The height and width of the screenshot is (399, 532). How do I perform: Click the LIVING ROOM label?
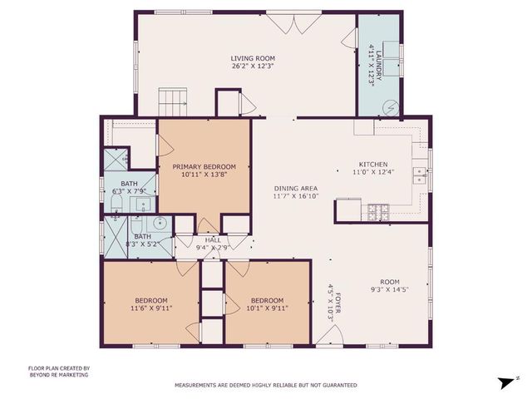point(253,58)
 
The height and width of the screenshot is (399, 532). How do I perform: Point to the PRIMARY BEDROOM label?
point(204,166)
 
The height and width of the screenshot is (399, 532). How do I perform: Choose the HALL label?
point(214,239)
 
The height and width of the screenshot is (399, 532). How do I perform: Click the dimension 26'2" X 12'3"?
point(253,66)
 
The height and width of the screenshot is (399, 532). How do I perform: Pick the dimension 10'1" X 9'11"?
point(268,308)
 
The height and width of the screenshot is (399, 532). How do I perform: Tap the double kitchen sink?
point(421,174)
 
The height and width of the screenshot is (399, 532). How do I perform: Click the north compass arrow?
point(504,382)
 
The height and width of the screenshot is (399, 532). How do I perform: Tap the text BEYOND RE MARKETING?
point(58,375)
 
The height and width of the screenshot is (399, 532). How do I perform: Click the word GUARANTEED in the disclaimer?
point(339,385)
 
